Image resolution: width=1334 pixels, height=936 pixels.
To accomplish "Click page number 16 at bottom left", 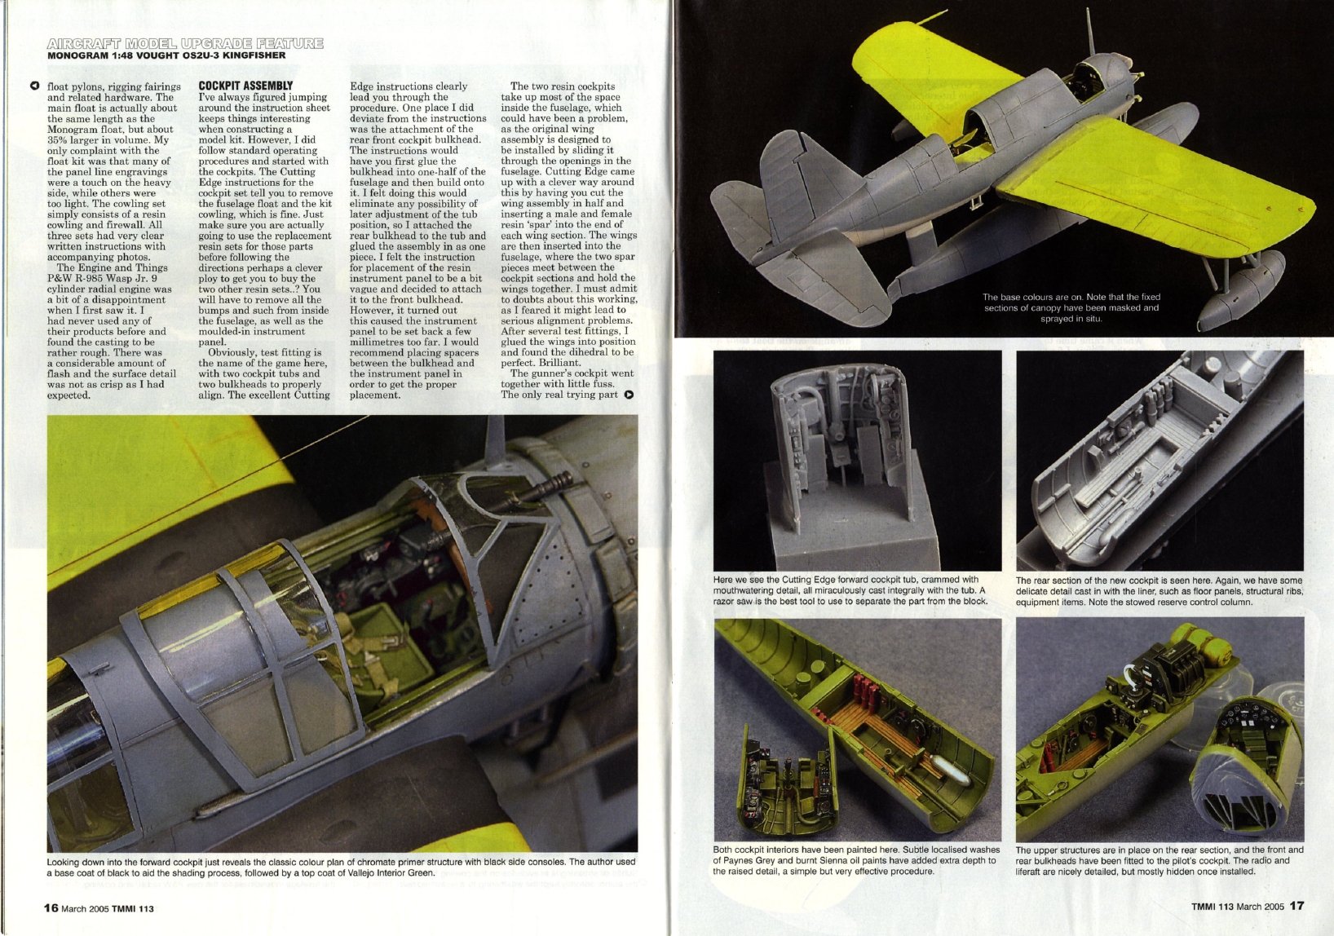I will tap(51, 907).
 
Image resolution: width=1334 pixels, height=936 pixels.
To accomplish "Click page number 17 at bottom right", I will tap(1296, 905).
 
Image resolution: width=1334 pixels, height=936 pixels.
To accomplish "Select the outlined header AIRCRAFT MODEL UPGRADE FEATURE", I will tap(185, 42).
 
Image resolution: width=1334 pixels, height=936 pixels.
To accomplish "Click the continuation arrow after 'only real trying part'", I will tap(629, 395).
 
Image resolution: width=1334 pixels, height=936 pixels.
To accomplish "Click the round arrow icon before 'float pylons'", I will tap(34, 86).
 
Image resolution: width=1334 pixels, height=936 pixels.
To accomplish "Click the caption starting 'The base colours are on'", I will tap(1071, 307).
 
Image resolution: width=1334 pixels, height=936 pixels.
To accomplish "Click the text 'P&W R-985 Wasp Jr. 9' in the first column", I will tap(113, 278).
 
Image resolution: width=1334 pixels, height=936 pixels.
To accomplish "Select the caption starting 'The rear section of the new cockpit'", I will tap(1159, 591).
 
